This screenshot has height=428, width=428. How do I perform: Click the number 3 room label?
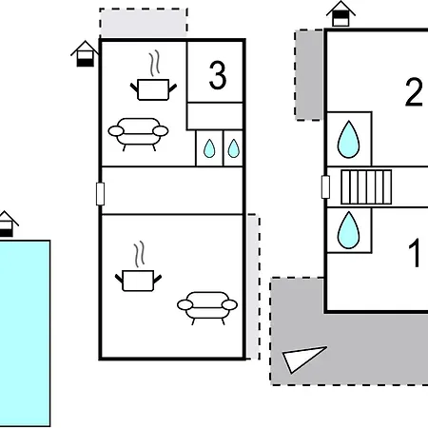coord(218,75)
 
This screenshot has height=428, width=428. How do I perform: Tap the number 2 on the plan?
coord(414,92)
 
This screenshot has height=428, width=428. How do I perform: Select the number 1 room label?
coord(415,253)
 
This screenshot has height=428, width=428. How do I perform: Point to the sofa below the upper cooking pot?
coord(138,134)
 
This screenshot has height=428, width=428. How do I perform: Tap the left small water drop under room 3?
coord(209,148)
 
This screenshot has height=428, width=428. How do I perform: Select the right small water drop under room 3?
coord(234,148)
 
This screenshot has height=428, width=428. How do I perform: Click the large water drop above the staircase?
coord(349,140)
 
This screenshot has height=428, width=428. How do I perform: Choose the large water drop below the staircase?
coord(349,230)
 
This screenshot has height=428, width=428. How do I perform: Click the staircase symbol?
coord(366,187)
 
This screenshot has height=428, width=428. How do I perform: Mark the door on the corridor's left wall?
coord(100,194)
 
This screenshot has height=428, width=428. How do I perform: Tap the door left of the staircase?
coord(325,187)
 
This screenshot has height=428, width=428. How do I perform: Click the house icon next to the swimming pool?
coord(6,224)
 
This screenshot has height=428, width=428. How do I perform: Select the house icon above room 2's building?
coord(340,13)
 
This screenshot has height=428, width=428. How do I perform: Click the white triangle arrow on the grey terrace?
coord(302,359)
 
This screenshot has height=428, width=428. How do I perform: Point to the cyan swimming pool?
coord(25,334)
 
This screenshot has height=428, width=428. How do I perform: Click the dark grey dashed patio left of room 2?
coord(309,75)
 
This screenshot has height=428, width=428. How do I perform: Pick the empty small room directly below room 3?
coord(215,116)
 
